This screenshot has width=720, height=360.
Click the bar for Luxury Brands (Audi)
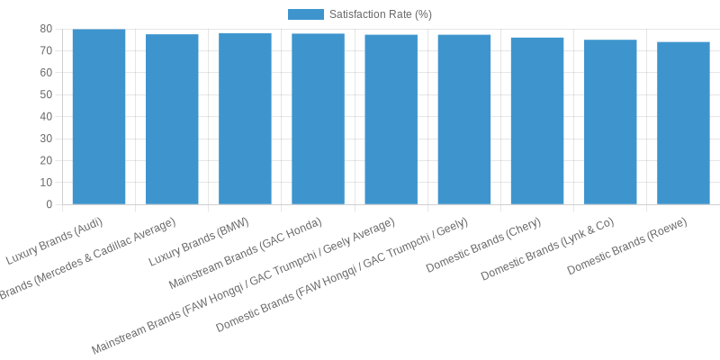pyautogui.click(x=99, y=117)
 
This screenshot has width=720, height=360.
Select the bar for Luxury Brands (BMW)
pyautogui.click(x=245, y=119)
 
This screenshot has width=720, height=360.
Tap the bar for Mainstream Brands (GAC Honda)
pyautogui.click(x=318, y=119)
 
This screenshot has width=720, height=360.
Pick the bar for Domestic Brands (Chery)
pyautogui.click(x=537, y=121)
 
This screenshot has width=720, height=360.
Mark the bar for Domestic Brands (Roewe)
pyautogui.click(x=683, y=122)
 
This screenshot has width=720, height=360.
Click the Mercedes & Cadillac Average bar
pyautogui.click(x=172, y=119)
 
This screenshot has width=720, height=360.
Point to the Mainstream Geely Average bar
pyautogui.click(x=391, y=120)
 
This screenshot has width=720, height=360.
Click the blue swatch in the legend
pyautogui.click(x=305, y=14)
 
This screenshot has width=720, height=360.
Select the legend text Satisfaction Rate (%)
pyautogui.click(x=380, y=14)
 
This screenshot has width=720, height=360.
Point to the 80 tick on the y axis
pyautogui.click(x=46, y=29)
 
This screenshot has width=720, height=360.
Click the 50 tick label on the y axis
pyautogui.click(x=46, y=94)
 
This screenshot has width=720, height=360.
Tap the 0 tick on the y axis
pyautogui.click(x=49, y=204)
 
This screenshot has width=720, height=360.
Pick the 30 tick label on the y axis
pyautogui.click(x=46, y=139)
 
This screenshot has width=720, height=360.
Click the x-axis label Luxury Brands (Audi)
pyautogui.click(x=55, y=241)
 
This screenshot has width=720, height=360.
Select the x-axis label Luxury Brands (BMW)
pyautogui.click(x=199, y=242)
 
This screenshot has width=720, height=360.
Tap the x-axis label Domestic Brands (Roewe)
pyautogui.click(x=628, y=246)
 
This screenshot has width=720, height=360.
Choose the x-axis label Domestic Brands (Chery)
pyautogui.click(x=484, y=245)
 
